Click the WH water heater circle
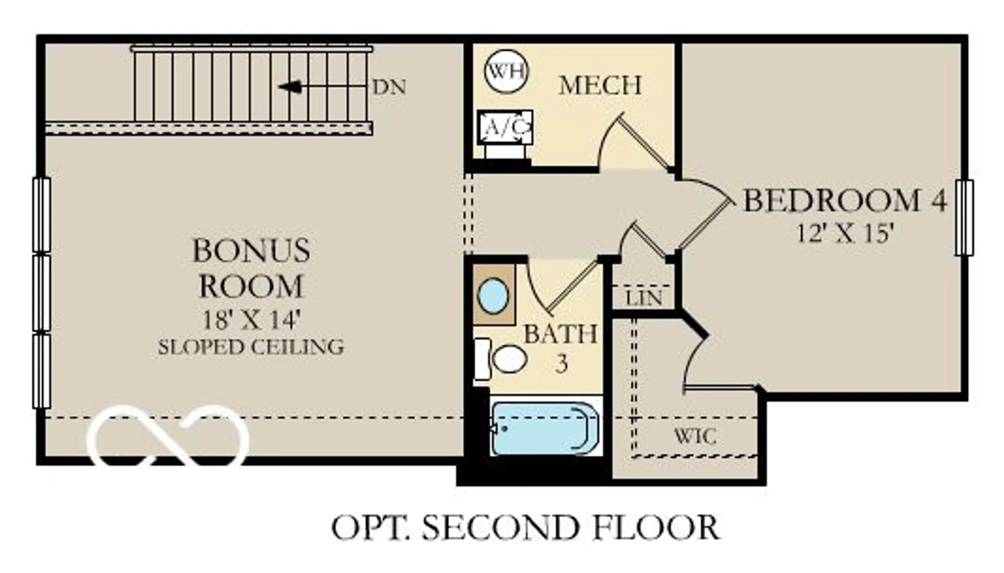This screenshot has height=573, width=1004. tap(507, 71)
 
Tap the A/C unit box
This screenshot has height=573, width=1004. tap(505, 128)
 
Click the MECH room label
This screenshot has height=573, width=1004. tap(600, 85)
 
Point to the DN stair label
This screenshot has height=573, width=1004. tap(389, 87)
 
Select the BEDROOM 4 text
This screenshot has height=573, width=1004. tap(844, 200)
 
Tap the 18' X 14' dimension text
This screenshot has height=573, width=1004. tap(250, 319)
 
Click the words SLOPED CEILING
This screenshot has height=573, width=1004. tap(250, 347)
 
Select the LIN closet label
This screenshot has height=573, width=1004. tap(644, 298)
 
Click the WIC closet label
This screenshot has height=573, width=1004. tap(694, 436)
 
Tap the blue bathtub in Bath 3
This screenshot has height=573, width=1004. tap(545, 428)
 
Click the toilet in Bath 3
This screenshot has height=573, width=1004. tap(509, 359)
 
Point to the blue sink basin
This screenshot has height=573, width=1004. tap(492, 296)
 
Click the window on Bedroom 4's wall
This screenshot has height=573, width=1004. tap(964, 217)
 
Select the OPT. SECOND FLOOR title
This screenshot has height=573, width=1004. tap(525, 528)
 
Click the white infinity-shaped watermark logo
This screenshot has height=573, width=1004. tap(168, 435)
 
